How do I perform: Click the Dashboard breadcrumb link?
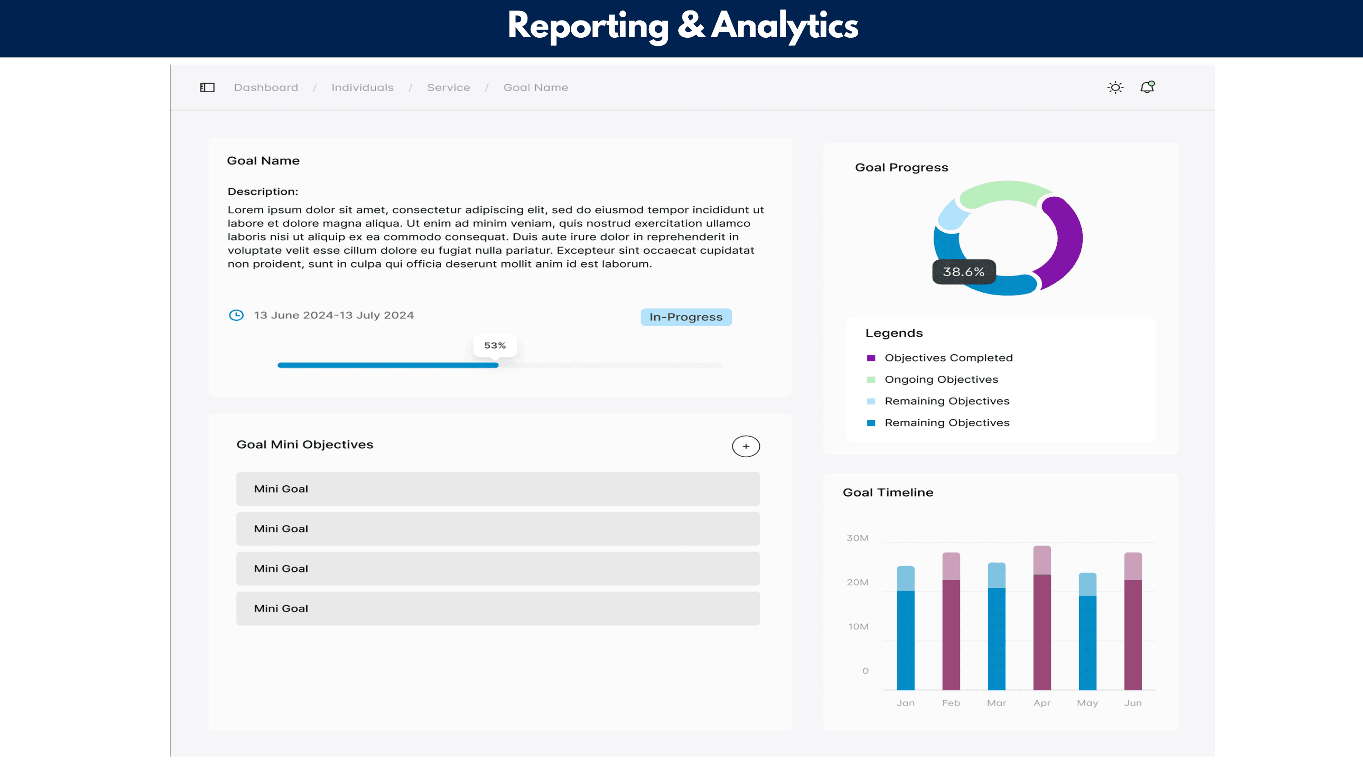click(x=266, y=87)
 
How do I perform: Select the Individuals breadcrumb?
click(x=362, y=87)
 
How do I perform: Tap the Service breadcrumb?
click(x=448, y=87)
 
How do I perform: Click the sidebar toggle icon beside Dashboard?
click(x=207, y=87)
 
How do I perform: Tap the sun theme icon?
click(x=1115, y=87)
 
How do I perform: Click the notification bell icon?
click(x=1147, y=87)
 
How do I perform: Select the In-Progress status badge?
click(x=686, y=317)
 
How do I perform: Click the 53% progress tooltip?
click(x=495, y=345)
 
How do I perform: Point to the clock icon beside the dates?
click(x=236, y=315)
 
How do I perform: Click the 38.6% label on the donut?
click(x=964, y=272)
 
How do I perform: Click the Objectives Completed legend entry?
click(x=948, y=358)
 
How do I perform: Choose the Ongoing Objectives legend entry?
click(x=941, y=379)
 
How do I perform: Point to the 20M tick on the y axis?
click(x=857, y=582)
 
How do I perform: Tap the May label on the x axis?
click(x=1087, y=703)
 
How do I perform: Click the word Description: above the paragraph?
click(x=263, y=192)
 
